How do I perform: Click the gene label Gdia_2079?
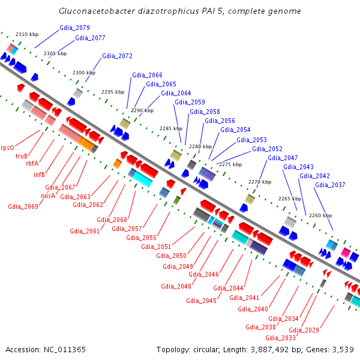point(75,28)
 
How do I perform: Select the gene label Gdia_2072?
point(117,56)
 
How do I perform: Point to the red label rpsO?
point(7,147)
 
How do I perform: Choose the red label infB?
point(39,175)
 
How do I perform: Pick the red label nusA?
point(47,196)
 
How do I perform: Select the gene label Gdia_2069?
point(23,206)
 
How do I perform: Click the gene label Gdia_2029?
point(304,330)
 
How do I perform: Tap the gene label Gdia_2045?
point(201,301)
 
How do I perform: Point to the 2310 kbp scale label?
point(26,34)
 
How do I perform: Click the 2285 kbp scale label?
point(170,128)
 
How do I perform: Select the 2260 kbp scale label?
point(320,215)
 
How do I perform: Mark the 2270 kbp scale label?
point(260,182)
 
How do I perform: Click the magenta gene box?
point(346,253)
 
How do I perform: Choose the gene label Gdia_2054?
point(235,130)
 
